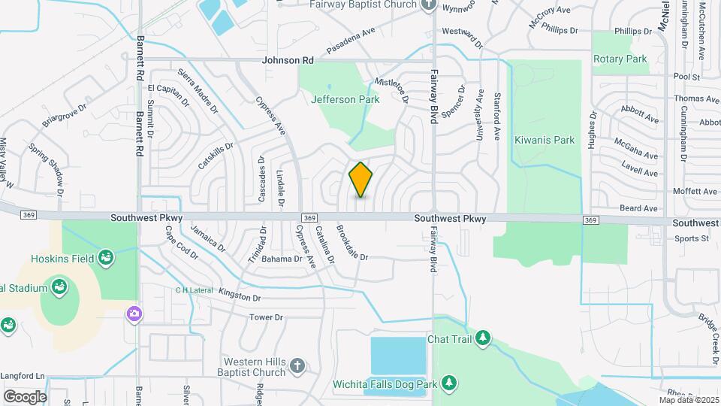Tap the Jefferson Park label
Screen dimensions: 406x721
(x=345, y=99)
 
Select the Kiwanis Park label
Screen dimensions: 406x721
(x=545, y=140)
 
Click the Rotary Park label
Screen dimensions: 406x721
(x=620, y=59)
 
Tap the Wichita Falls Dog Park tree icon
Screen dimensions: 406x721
(x=449, y=383)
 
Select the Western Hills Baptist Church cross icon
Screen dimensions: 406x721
(x=297, y=365)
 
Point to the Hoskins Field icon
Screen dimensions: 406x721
(x=106, y=258)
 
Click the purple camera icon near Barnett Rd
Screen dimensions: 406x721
(x=135, y=312)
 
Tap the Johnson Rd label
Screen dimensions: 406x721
(x=288, y=59)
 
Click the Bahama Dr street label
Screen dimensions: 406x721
(x=282, y=259)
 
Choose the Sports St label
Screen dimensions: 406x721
(x=691, y=239)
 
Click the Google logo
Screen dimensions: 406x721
(x=25, y=396)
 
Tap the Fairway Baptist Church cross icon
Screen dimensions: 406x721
(x=429, y=5)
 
